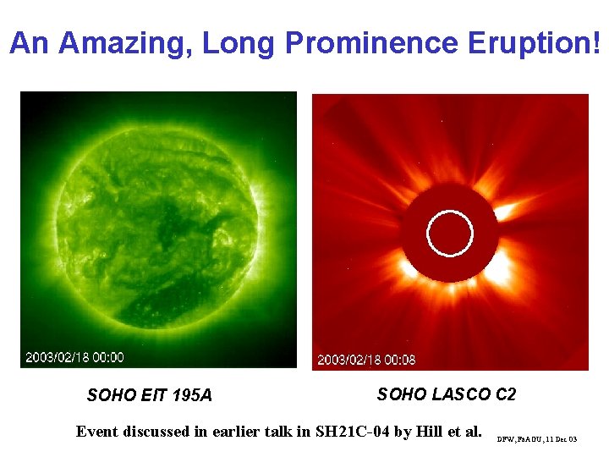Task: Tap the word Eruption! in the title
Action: click(541, 43)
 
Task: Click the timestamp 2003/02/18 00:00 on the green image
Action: click(74, 357)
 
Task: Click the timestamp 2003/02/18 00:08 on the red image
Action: click(366, 360)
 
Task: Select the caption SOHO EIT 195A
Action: click(150, 395)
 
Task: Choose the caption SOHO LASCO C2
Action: click(446, 394)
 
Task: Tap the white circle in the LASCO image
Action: click(449, 234)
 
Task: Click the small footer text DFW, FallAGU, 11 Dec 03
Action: click(537, 439)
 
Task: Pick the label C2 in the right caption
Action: click(505, 394)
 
